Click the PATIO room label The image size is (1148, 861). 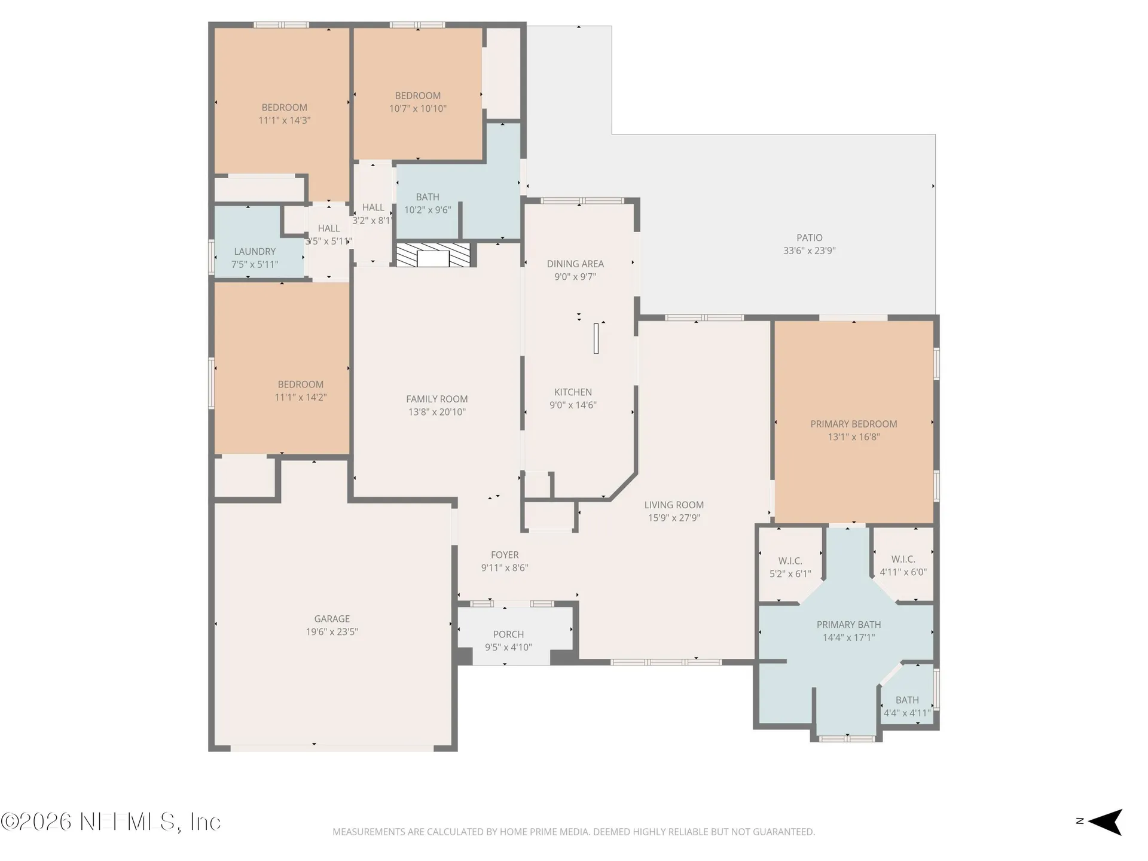click(810, 238)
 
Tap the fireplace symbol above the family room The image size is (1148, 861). click(433, 255)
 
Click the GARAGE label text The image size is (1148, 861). click(332, 619)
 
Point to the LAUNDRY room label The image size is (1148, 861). click(255, 252)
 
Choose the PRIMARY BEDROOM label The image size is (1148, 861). click(853, 424)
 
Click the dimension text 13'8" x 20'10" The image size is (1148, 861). click(436, 412)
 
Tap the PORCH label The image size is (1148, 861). click(508, 634)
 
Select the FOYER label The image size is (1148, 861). click(505, 555)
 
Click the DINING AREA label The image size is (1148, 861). click(575, 264)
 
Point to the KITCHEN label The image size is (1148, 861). click(573, 392)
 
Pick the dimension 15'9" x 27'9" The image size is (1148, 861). click(674, 518)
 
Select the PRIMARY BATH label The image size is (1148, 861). click(848, 624)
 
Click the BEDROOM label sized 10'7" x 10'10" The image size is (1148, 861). click(417, 96)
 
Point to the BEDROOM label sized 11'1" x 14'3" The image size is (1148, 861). click(284, 108)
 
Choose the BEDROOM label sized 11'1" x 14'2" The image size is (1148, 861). click(300, 384)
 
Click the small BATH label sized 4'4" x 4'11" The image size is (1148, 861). click(907, 700)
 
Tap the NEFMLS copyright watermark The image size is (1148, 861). click(111, 822)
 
